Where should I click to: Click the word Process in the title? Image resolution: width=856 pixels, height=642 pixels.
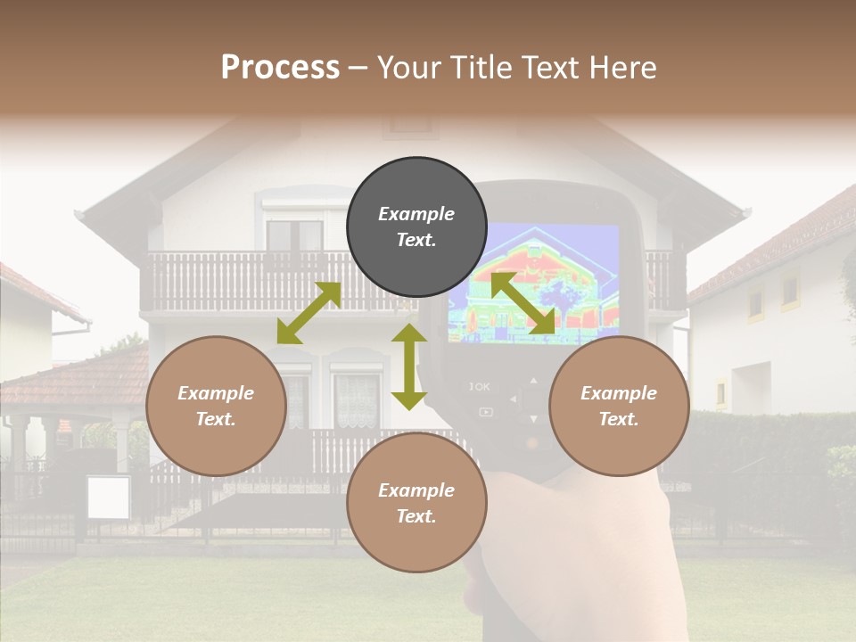pos(280,67)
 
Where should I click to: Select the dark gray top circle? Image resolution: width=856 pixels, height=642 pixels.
pos(416,227)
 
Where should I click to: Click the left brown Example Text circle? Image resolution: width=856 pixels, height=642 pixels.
pos(216,407)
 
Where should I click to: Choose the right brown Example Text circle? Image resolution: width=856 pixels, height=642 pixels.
pos(619,407)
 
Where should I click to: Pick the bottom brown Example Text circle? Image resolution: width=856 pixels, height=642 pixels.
pos(416,504)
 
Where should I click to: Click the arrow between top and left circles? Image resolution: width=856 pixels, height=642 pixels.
pos(309,313)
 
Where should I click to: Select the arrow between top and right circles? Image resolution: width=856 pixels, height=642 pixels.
pos(523,304)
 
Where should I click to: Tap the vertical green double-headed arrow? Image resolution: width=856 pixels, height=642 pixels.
pos(409,366)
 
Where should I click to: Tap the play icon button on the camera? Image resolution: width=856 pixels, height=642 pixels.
pos(485,412)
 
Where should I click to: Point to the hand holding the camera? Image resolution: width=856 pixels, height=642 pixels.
pos(571,553)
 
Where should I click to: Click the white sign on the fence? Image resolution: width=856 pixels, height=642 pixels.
pos(108,498)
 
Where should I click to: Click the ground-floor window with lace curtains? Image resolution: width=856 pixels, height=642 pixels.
pos(357,400)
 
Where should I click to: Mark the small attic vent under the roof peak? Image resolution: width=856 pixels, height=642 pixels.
pos(410,125)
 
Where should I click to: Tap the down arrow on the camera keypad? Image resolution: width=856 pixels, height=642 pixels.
pos(533,418)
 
